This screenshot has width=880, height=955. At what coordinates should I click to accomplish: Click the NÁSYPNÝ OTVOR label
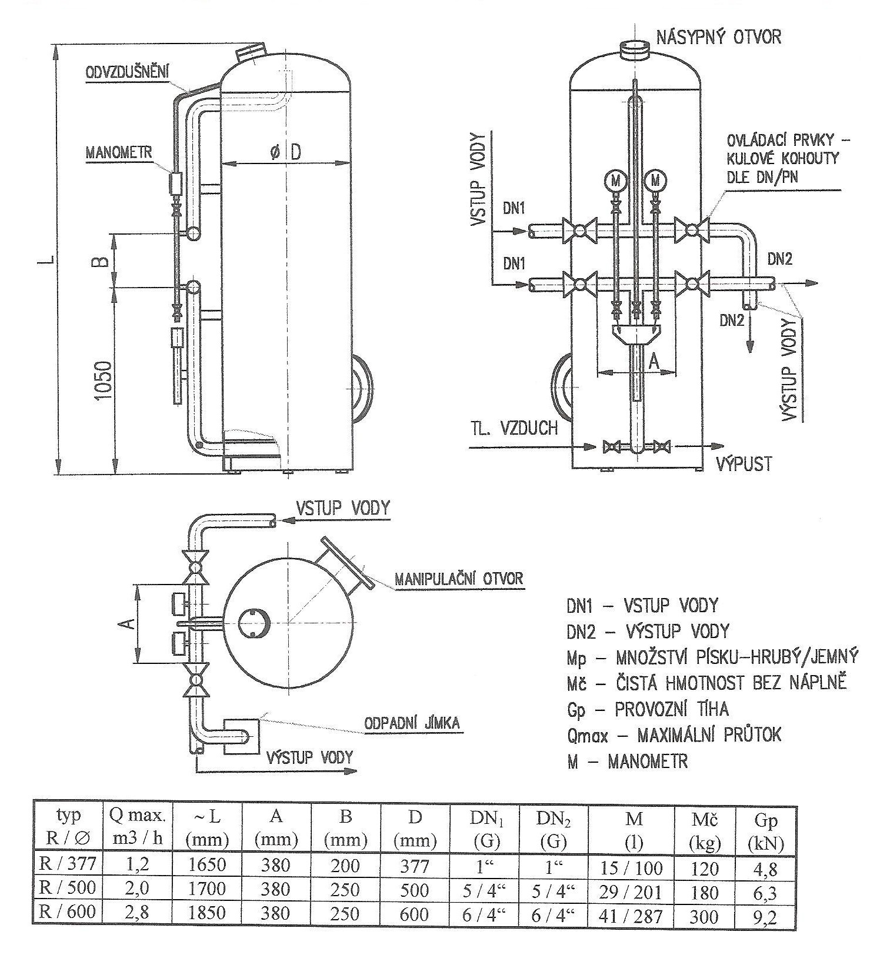pyautogui.click(x=718, y=37)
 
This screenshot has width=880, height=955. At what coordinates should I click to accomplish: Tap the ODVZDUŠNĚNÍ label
pyautogui.click(x=128, y=72)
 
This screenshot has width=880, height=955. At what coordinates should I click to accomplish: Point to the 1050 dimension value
pyautogui.click(x=103, y=380)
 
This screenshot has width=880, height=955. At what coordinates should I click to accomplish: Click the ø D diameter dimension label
pyautogui.click(x=285, y=152)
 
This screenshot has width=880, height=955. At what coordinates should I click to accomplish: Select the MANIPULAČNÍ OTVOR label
pyautogui.click(x=458, y=579)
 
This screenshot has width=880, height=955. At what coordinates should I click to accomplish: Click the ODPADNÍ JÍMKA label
pyautogui.click(x=412, y=723)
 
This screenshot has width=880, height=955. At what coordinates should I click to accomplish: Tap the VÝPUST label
pyautogui.click(x=743, y=464)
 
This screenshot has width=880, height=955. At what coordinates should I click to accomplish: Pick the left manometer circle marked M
pyautogui.click(x=616, y=181)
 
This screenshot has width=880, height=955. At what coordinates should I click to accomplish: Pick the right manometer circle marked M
pyautogui.click(x=656, y=181)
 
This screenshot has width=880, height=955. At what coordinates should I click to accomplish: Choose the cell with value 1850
pyautogui.click(x=206, y=912)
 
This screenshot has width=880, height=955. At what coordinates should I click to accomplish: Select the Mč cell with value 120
pyautogui.click(x=705, y=866)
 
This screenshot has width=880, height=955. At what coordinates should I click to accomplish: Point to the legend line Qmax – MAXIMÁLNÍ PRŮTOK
pyautogui.click(x=674, y=735)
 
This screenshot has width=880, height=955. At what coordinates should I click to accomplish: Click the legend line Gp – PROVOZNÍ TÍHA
pyautogui.click(x=648, y=709)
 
